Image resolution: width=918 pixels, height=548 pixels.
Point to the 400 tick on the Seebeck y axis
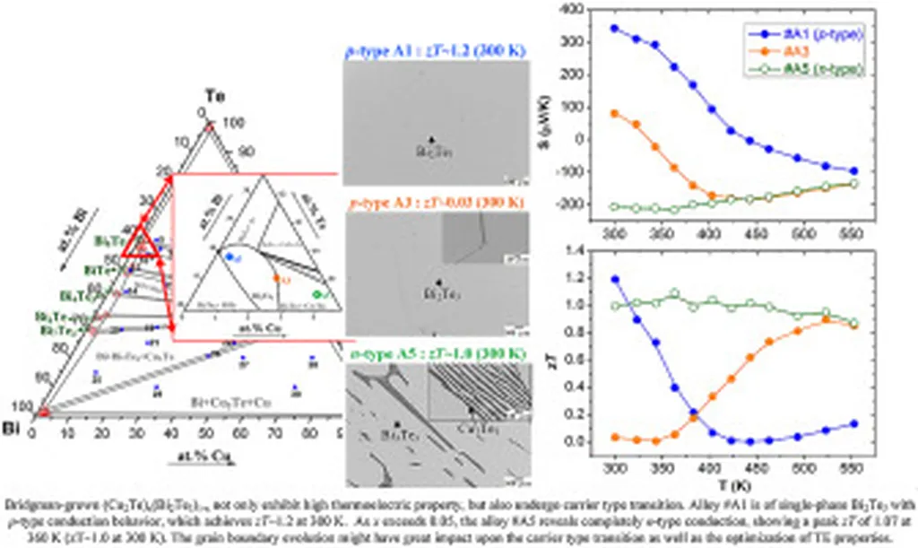[x=567, y=10]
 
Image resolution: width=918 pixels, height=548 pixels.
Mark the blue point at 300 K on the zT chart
[x=614, y=279]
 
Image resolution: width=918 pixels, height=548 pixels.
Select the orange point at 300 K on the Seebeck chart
[x=614, y=113]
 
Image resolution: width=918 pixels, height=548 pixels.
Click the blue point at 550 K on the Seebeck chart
[x=853, y=170]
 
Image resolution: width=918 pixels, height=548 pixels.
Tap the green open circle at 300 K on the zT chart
[x=614, y=306]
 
